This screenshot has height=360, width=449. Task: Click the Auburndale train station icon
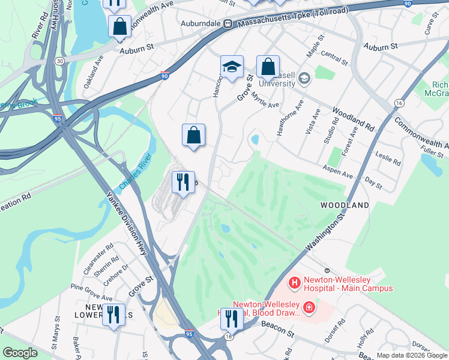228,24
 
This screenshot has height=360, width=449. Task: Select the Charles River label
136,173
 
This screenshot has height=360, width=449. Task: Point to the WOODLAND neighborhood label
345,205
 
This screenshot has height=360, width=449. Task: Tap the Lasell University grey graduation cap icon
304,78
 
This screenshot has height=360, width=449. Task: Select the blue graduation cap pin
232,68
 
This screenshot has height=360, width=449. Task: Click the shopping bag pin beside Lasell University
268,67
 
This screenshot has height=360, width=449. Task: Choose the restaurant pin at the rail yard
182,181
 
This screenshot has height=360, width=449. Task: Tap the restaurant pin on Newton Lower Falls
113,314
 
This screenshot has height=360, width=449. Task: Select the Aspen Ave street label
339,172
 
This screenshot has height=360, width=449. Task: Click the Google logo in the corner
20,353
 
